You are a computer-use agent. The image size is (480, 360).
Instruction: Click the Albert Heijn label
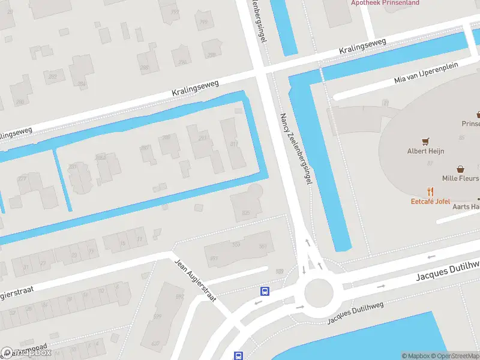coord(425,151)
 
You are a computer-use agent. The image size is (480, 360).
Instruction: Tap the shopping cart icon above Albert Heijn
coord(426,142)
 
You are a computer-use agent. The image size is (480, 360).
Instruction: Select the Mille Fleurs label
coord(461,178)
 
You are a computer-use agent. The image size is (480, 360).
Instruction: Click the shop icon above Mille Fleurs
coord(460,169)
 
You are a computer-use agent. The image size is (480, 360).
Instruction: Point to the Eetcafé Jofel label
coord(430,201)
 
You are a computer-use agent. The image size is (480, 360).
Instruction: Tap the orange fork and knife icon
coord(430,191)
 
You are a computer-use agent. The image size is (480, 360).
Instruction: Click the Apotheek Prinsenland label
coord(385,2)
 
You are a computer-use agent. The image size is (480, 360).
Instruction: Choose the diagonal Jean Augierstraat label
coord(194,280)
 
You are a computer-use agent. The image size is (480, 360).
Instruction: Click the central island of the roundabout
coord(318,293)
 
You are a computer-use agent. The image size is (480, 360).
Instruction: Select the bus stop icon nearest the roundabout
coord(265,292)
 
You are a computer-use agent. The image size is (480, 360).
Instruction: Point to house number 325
coord(245,213)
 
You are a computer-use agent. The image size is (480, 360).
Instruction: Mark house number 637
coord(155,343)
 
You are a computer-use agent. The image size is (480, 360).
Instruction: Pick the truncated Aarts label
coord(466,206)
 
